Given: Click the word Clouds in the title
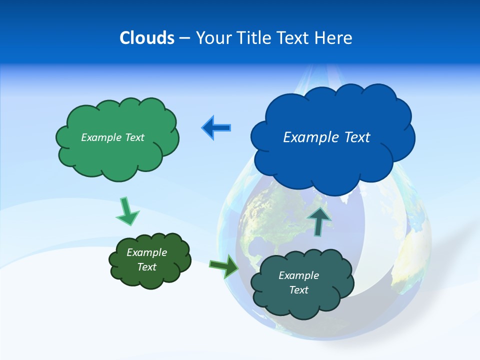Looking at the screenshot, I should (x=146, y=38).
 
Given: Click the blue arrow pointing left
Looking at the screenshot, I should (x=216, y=128).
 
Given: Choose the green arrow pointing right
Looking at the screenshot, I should (x=224, y=266).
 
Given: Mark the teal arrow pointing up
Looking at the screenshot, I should (x=319, y=220).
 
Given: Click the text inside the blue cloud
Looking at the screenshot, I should (x=326, y=137).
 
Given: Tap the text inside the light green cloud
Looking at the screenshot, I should (x=112, y=137).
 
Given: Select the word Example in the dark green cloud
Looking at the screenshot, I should (x=146, y=252).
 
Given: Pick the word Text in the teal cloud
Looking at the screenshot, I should (x=298, y=290).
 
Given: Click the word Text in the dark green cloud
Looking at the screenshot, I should (x=146, y=267).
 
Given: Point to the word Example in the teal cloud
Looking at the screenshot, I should (x=298, y=275).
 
